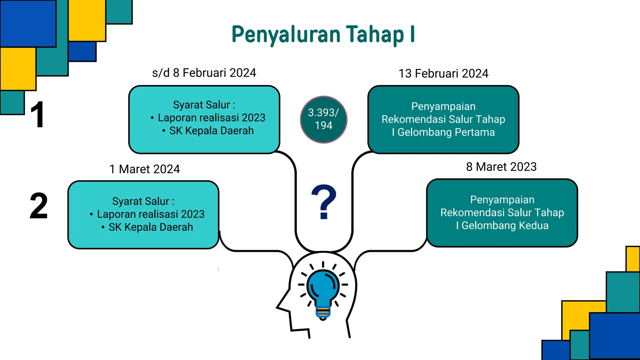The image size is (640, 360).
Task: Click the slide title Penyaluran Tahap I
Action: click(323, 34)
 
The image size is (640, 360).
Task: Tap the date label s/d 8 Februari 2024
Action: click(204, 73)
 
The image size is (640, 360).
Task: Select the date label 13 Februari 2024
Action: click(443, 73)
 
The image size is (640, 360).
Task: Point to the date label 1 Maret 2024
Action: click(144, 169)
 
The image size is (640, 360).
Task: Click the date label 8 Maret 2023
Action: click(501, 167)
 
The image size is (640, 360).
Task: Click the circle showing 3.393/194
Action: click(323, 119)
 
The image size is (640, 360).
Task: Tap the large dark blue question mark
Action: click(324, 202)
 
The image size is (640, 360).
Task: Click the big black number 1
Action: click(37, 115)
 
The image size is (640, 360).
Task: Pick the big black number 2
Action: click(39, 206)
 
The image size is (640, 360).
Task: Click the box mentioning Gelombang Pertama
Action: click(443, 119)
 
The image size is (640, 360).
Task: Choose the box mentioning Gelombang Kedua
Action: click(502, 213)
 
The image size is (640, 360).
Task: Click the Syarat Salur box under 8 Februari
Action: click(204, 119)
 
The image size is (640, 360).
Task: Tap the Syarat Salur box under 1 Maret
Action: click(143, 215)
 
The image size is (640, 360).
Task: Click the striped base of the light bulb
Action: click(323, 312)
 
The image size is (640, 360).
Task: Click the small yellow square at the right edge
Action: click(633, 259)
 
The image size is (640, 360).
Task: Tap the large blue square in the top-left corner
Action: click(28, 23)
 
